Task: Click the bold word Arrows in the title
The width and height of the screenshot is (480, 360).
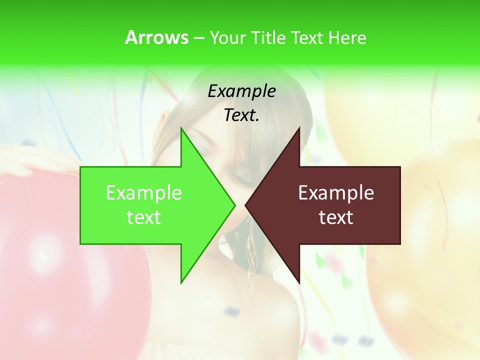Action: point(156,37)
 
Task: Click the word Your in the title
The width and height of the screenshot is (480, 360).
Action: point(227,37)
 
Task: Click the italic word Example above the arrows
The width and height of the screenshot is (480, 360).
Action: point(241,91)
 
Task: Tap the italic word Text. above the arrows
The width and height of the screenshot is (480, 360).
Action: point(241,115)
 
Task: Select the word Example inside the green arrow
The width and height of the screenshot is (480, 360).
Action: point(143,192)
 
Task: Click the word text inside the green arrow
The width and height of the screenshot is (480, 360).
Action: point(143,217)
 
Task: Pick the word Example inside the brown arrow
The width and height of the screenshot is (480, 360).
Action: point(336,192)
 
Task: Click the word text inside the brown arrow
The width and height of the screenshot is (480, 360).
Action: point(336,217)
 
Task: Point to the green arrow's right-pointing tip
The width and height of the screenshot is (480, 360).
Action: point(234,205)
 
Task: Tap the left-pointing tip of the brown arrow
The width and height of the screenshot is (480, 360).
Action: point(245,205)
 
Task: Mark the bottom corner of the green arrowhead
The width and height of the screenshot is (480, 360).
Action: point(181,283)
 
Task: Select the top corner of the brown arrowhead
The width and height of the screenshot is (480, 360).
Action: point(299,128)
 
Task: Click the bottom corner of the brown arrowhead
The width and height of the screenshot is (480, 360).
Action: point(299,283)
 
